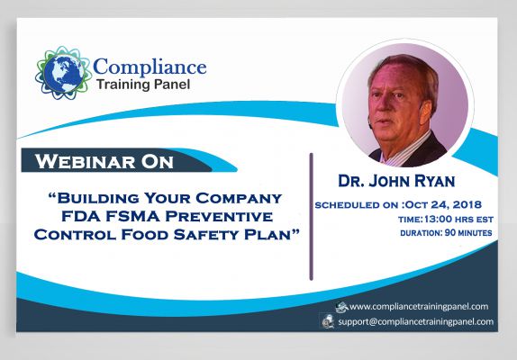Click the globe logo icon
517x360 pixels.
pyautogui.click(x=63, y=73)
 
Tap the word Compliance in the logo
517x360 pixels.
pyautogui.click(x=150, y=67)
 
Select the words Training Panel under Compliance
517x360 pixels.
pyautogui.click(x=143, y=85)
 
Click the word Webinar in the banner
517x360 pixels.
pyautogui.click(x=85, y=161)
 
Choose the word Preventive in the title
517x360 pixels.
pyautogui.click(x=219, y=216)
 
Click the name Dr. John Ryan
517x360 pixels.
pyautogui.click(x=396, y=181)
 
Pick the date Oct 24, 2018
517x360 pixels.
pyautogui.click(x=443, y=204)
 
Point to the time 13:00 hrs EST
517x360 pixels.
pyautogui.click(x=459, y=219)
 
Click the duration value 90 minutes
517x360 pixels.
pyautogui.click(x=468, y=233)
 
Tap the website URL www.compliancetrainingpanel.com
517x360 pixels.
pyautogui.click(x=419, y=307)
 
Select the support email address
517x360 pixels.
pyautogui.click(x=416, y=321)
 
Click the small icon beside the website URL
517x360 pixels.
pyautogui.click(x=342, y=307)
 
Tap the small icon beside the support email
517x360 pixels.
pyautogui.click(x=329, y=321)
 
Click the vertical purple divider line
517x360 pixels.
pyautogui.click(x=311, y=217)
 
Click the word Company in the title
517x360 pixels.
pyautogui.click(x=239, y=198)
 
